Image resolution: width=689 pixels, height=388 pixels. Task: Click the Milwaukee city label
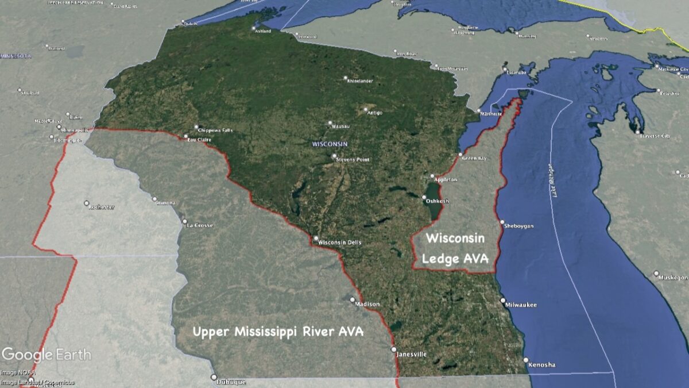point(521,305)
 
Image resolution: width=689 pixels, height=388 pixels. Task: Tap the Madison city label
point(367,304)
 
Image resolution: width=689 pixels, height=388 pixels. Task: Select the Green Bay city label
point(475,158)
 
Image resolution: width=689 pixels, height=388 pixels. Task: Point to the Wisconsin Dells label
point(340,242)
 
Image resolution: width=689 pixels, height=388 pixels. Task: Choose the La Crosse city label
point(200,225)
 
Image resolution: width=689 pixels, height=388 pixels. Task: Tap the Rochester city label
point(102,207)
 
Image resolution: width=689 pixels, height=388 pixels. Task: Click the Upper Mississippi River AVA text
point(278,332)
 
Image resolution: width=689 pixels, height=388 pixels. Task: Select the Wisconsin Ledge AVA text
point(455,248)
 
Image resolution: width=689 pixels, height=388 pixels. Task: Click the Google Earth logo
point(46,354)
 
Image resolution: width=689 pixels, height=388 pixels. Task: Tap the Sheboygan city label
point(519,226)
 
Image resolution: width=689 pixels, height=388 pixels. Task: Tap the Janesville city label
point(412,354)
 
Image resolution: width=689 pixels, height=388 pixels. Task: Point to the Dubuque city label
point(231,382)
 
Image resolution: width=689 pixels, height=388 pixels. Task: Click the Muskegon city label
point(673,277)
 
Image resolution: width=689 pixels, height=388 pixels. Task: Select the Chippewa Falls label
point(216,130)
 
